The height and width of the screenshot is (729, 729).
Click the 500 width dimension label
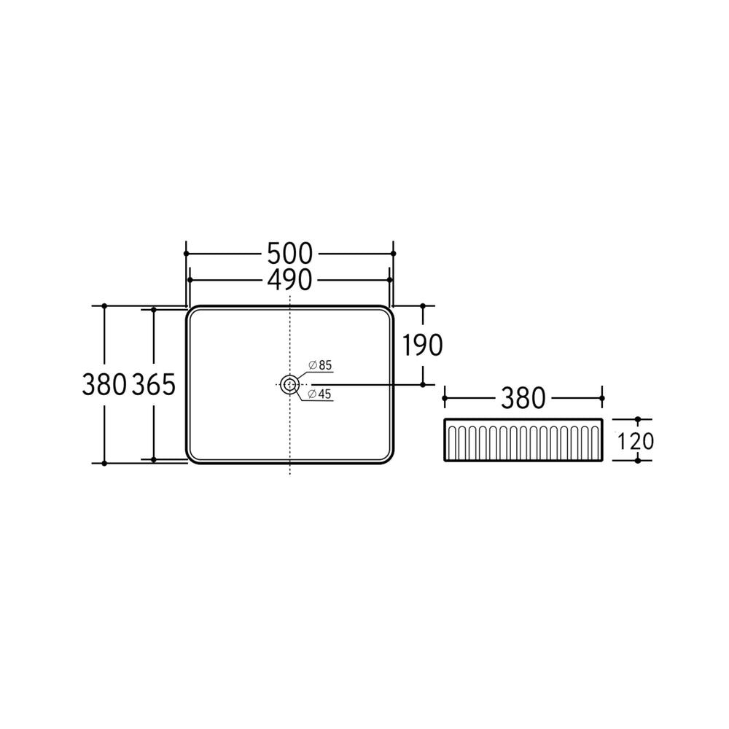[289, 254]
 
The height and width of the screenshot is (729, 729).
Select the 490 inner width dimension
[289, 280]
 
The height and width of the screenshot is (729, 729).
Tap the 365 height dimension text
[153, 385]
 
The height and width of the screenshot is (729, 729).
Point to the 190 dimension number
[421, 346]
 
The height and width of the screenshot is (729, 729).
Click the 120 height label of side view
[635, 441]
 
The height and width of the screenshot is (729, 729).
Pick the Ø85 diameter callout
[320, 365]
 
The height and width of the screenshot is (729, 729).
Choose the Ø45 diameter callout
[320, 394]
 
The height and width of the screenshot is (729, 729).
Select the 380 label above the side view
[523, 399]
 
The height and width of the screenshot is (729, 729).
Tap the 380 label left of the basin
[104, 385]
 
